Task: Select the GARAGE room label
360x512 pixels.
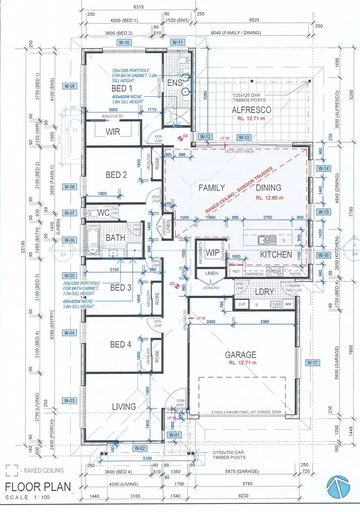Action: pos(240,354)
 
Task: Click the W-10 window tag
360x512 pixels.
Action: pos(124,42)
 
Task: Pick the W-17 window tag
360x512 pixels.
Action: pos(312,362)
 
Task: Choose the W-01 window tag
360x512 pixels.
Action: pos(174,435)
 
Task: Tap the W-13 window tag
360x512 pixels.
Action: pos(244,137)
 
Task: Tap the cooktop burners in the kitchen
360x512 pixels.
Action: pos(274,271)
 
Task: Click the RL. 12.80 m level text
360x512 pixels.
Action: pos(269,197)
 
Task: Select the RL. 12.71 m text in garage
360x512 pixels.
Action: pos(242,363)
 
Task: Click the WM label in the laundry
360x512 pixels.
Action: pos(288,305)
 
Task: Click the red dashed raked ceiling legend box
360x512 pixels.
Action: pos(11,471)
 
